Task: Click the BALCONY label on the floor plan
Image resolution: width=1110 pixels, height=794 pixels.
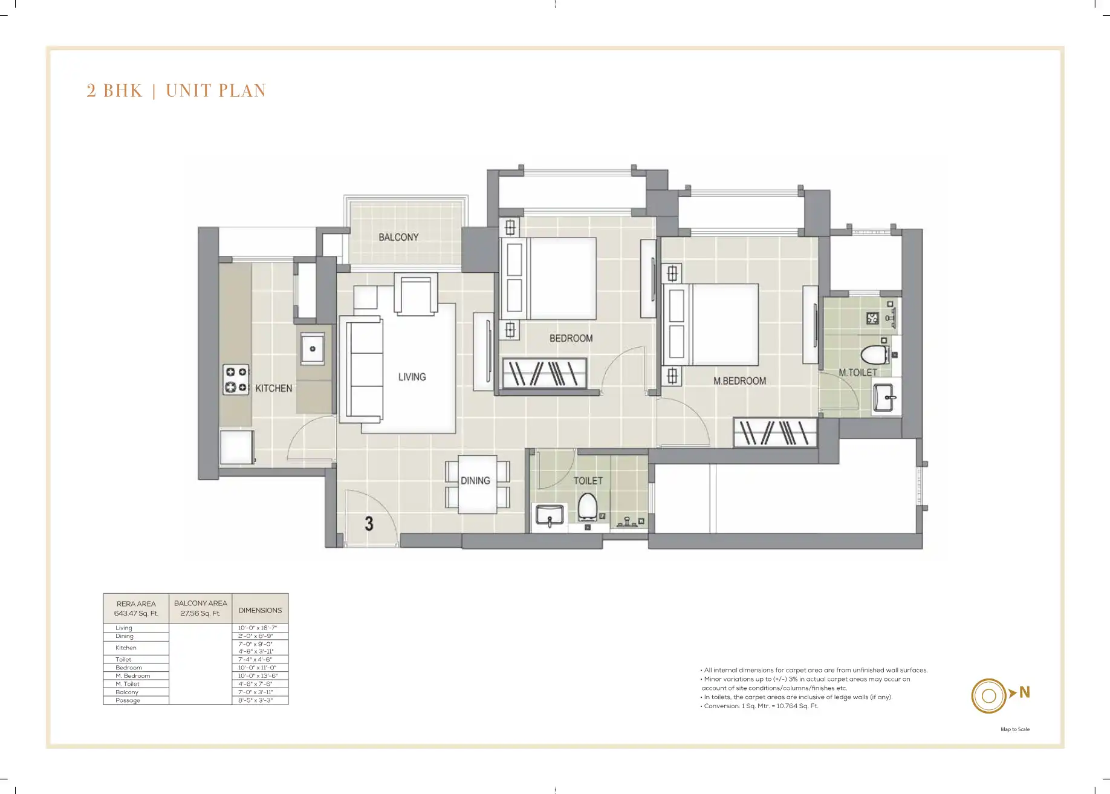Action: pos(398,237)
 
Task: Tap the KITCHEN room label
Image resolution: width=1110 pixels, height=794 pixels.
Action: pos(273,388)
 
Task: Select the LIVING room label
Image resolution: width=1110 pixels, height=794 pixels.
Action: pos(412,377)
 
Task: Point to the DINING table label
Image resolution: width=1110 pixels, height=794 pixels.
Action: pos(475,481)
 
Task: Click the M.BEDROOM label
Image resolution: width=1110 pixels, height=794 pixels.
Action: pos(739,381)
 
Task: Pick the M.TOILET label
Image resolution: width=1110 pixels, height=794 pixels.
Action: pos(857,373)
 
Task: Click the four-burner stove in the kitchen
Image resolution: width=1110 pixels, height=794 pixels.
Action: pos(236,380)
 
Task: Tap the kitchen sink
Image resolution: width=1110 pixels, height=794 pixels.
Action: pos(313,349)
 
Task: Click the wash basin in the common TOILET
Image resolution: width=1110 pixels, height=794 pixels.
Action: pos(550,516)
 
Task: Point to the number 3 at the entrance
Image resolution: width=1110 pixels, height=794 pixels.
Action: pos(369,524)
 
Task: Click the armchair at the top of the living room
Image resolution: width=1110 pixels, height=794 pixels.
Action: pos(416,294)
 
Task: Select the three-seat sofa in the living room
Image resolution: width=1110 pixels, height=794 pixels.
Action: pos(362,369)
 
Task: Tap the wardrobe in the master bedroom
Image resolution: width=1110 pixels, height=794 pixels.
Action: pos(775,432)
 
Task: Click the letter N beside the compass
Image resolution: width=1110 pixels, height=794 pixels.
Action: pos(1024,692)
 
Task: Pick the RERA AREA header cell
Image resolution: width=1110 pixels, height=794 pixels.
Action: pos(136,608)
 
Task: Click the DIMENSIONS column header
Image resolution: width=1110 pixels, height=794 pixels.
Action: pos(260,610)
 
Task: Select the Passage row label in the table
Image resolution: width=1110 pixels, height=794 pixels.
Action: pos(128,700)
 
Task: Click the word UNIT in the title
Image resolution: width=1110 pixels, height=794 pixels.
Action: pos(187,91)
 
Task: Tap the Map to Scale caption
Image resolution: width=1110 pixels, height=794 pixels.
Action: pos(1015,729)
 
